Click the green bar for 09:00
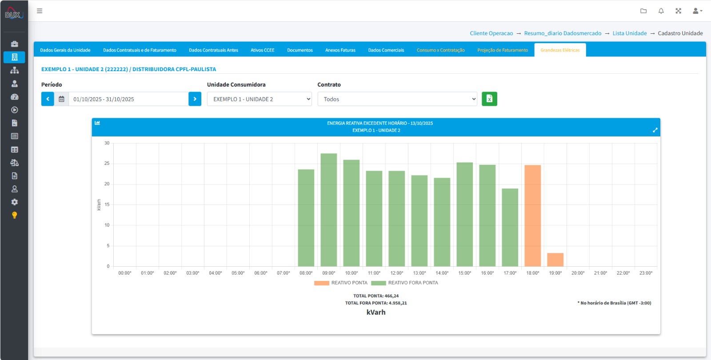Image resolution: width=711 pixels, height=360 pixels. pos(328,210)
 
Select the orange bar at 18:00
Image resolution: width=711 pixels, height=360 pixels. pos(533,216)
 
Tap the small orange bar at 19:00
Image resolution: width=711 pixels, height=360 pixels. pos(555,260)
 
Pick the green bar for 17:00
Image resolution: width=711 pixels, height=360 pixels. pos(510,227)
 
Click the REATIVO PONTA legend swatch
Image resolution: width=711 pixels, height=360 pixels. pos(322,283)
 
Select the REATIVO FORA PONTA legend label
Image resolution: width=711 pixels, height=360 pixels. pos(413,283)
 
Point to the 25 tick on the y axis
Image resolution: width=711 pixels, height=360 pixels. pos(107,164)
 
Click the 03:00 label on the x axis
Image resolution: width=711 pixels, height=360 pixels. pos(193,273)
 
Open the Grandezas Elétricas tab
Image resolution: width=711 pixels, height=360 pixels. pos(560,50)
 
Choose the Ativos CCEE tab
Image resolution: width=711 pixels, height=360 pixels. pos(263,50)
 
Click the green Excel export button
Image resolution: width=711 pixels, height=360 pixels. pos(489,99)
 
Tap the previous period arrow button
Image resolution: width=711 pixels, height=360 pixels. pos(48,99)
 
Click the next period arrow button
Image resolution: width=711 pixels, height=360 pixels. pos(195,99)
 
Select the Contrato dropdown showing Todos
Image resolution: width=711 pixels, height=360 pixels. pos(397,99)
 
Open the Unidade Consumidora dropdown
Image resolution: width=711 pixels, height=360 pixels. pos(260,99)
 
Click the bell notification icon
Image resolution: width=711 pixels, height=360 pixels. pos(661,11)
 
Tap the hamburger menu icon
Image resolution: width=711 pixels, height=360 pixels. pos(40,11)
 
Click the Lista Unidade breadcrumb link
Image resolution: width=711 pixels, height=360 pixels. pos(629,33)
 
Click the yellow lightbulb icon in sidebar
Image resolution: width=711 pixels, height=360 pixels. pos(14,215)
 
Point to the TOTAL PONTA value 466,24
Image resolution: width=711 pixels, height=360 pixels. pos(391,296)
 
